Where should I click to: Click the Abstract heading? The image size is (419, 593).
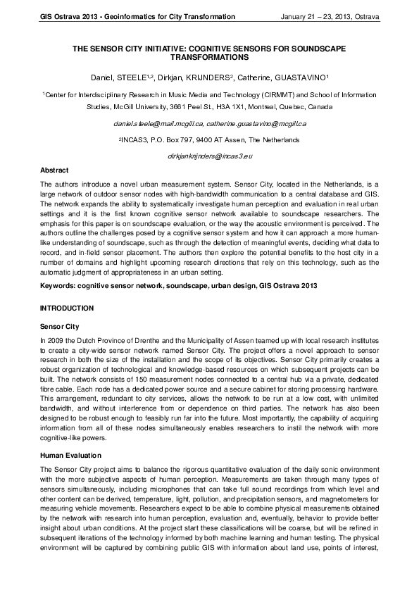55,170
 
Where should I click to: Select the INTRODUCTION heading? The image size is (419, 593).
67,308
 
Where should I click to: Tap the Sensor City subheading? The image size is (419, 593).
61,326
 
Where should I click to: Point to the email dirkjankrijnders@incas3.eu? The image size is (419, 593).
210,154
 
